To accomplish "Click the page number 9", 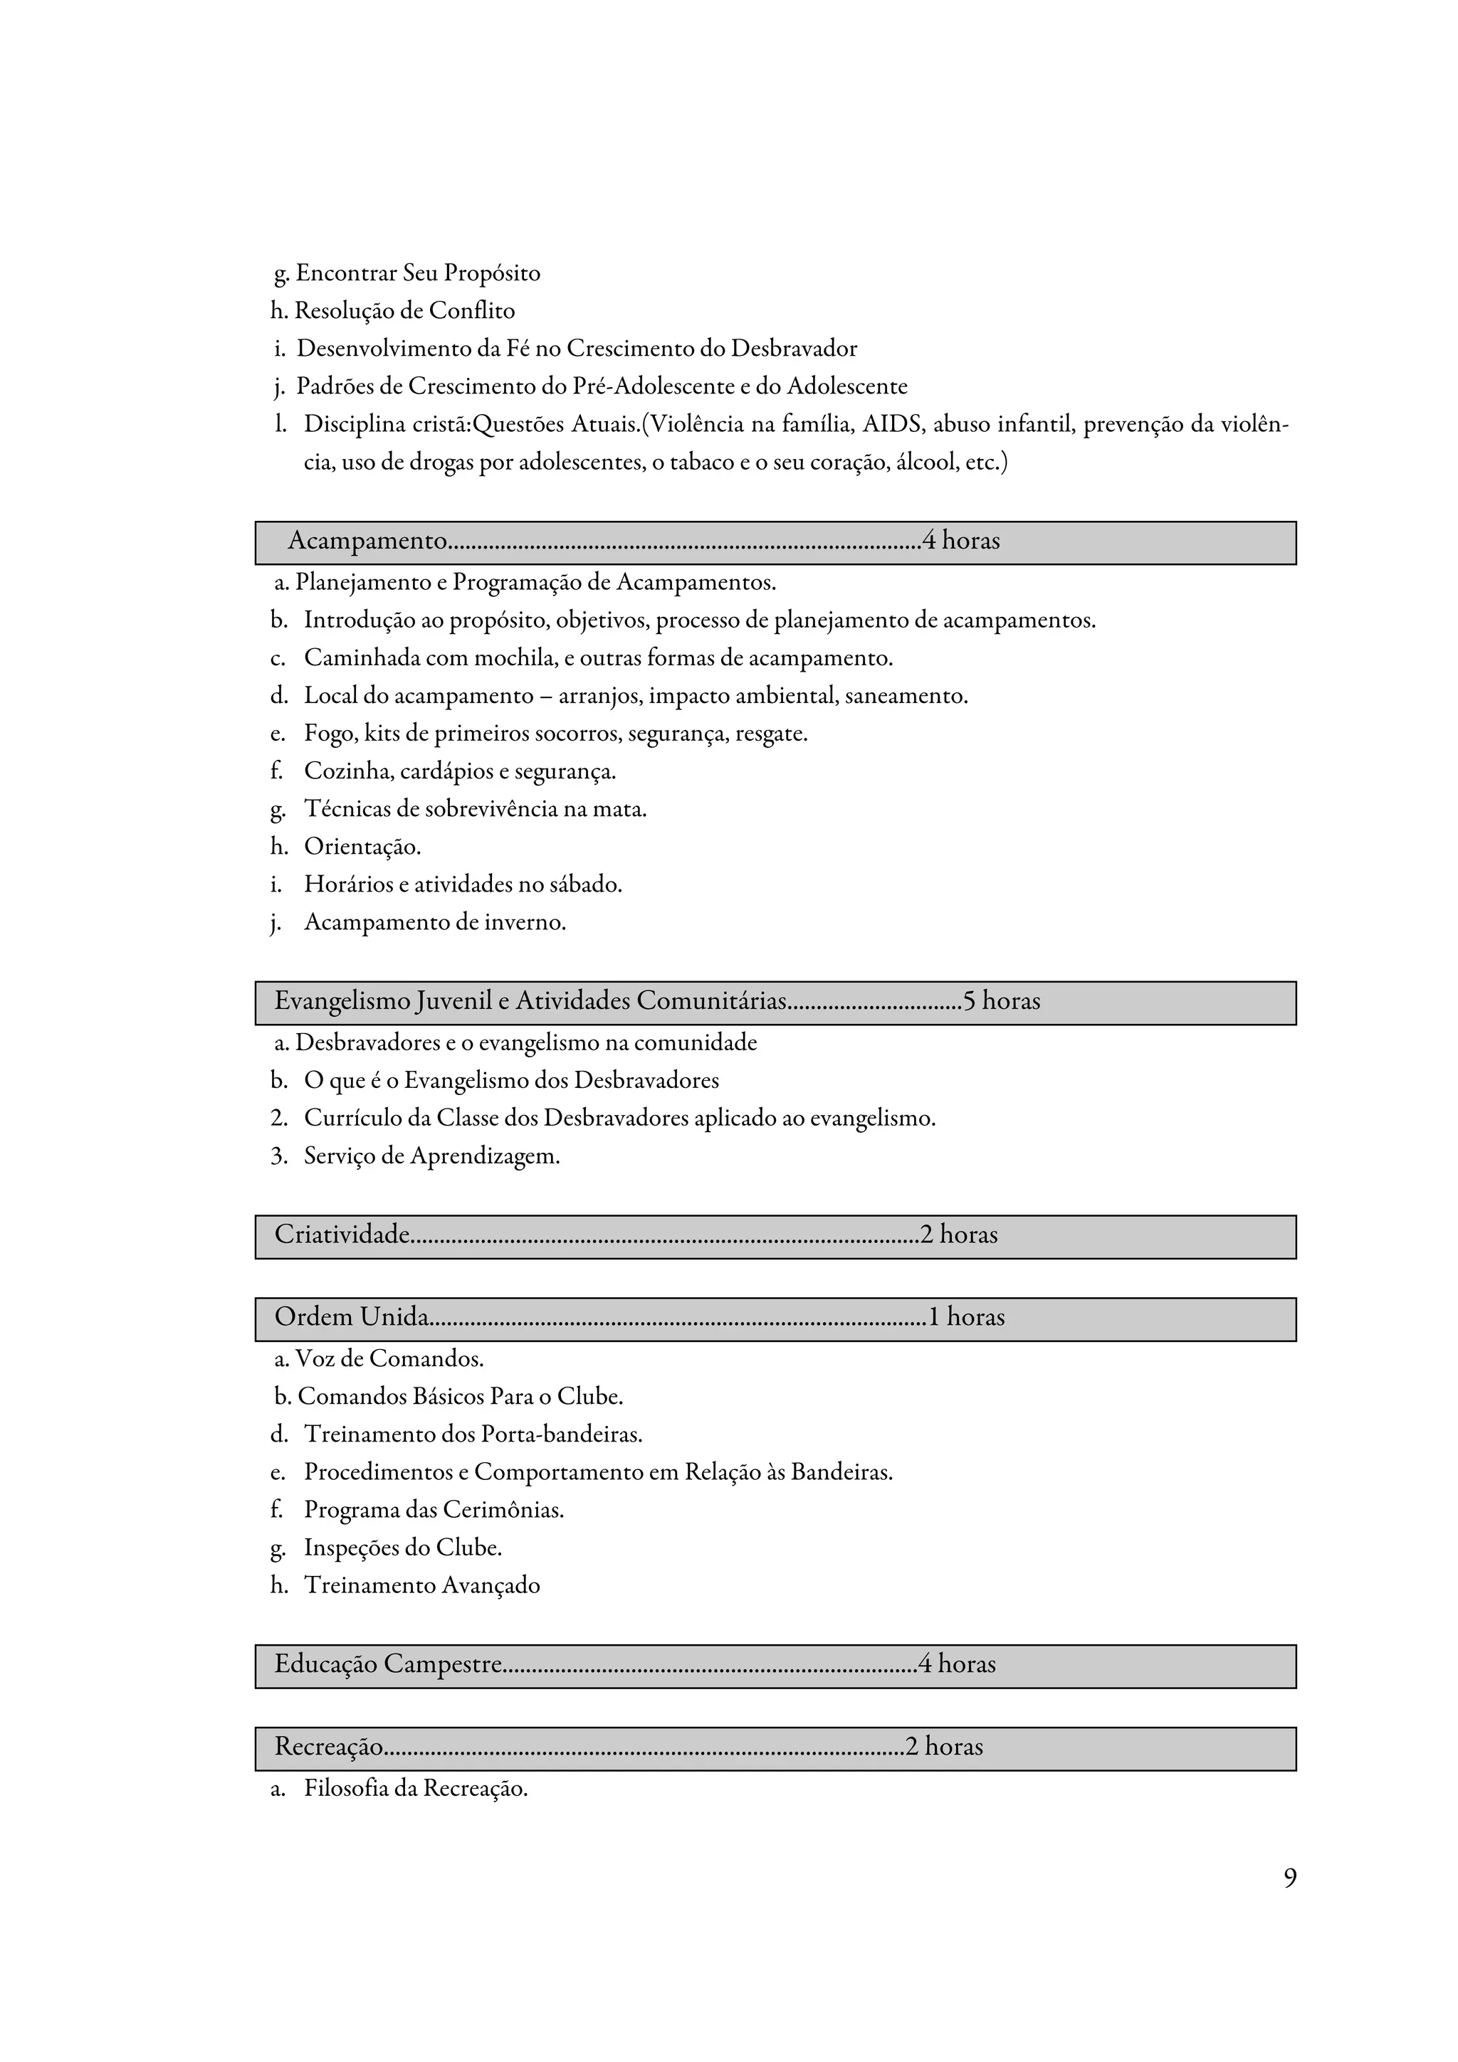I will (1289, 1878).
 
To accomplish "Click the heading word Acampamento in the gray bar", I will (367, 541).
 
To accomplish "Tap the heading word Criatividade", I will (342, 1234).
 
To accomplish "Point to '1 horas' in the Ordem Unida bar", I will (966, 1316).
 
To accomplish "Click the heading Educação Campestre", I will (387, 1664).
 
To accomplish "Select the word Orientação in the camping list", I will (362, 847).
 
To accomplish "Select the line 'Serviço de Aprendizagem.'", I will (431, 1156).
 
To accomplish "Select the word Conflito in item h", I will (471, 311).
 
